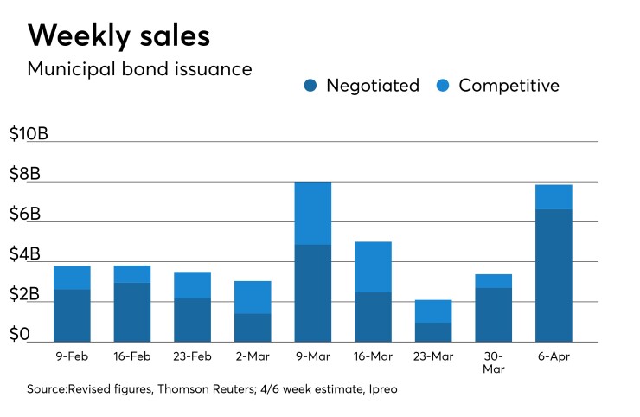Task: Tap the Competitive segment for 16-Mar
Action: tap(373, 266)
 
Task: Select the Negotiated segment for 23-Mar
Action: tap(433, 332)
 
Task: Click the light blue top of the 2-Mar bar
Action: tap(253, 297)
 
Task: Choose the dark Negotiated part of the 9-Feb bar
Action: tap(72, 315)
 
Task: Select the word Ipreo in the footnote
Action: tap(381, 389)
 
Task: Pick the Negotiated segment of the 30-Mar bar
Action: tap(494, 314)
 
